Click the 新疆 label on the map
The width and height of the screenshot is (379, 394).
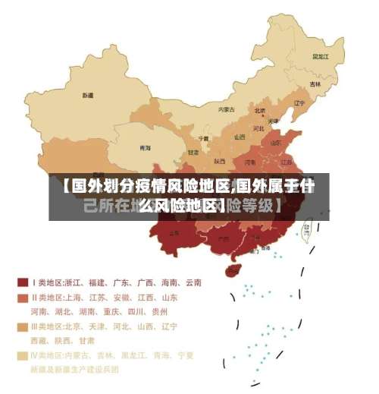pos(88,96)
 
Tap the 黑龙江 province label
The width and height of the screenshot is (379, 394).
pos(321,56)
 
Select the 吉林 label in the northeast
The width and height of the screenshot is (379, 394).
pos(314,84)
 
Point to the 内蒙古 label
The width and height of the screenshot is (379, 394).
pos(227,109)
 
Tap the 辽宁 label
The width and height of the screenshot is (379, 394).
pos(299,103)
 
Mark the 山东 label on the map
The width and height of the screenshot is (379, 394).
pos(276,142)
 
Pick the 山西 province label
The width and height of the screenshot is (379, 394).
pos(240,137)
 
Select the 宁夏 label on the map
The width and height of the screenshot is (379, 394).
pos(203,139)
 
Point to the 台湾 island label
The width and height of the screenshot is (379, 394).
pos(307,226)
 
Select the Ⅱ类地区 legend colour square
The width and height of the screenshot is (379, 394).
pos(22,298)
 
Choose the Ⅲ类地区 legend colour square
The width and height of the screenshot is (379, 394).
pos(22,326)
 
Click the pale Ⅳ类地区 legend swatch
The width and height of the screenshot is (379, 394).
pos(22,355)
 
